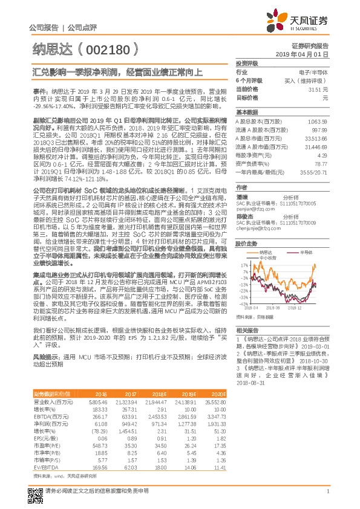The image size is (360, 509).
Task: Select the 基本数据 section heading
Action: pyautogui.click(x=247, y=112)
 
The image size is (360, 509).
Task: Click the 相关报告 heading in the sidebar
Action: pyautogui.click(x=247, y=331)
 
